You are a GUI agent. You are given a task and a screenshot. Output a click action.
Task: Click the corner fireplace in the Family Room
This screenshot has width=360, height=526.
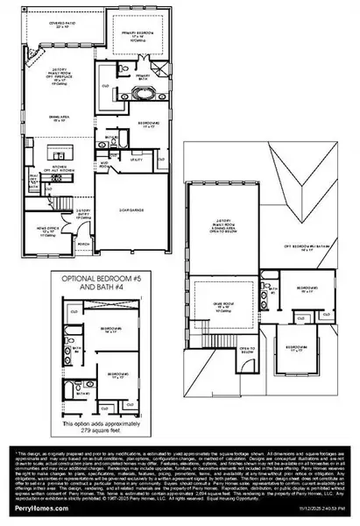(x=34, y=57)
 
